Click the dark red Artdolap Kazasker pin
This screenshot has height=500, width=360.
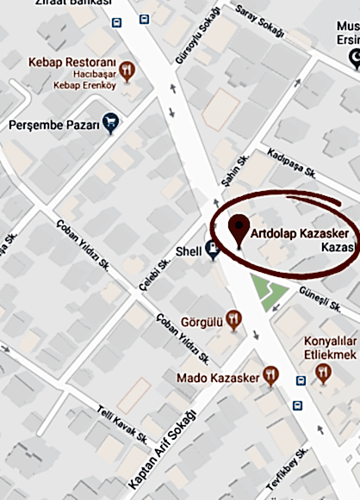[239, 229]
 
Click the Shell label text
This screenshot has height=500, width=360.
[188, 250]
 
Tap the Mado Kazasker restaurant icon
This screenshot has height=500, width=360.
[271, 374]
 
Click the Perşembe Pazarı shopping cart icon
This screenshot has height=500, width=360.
[110, 124]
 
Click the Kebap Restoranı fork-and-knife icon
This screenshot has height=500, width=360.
[127, 70]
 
